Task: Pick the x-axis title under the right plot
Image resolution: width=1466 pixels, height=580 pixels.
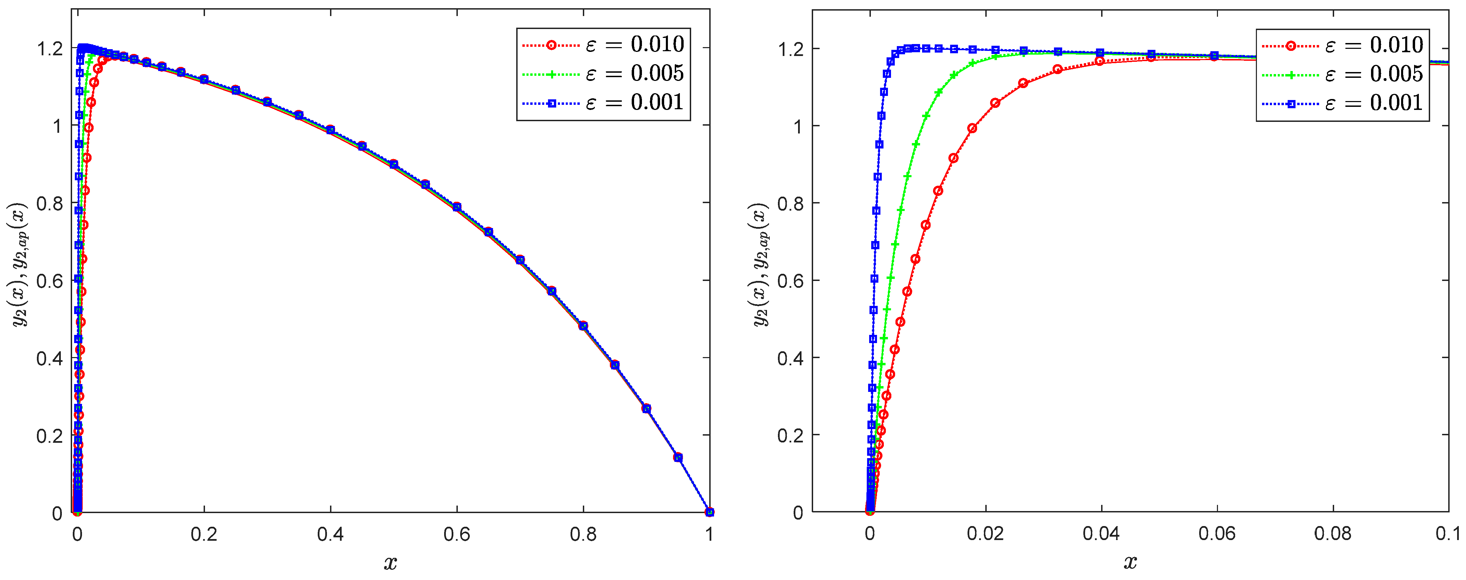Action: click(x=1130, y=563)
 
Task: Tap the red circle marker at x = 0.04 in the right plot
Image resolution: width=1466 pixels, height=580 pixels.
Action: click(x=1099, y=61)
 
